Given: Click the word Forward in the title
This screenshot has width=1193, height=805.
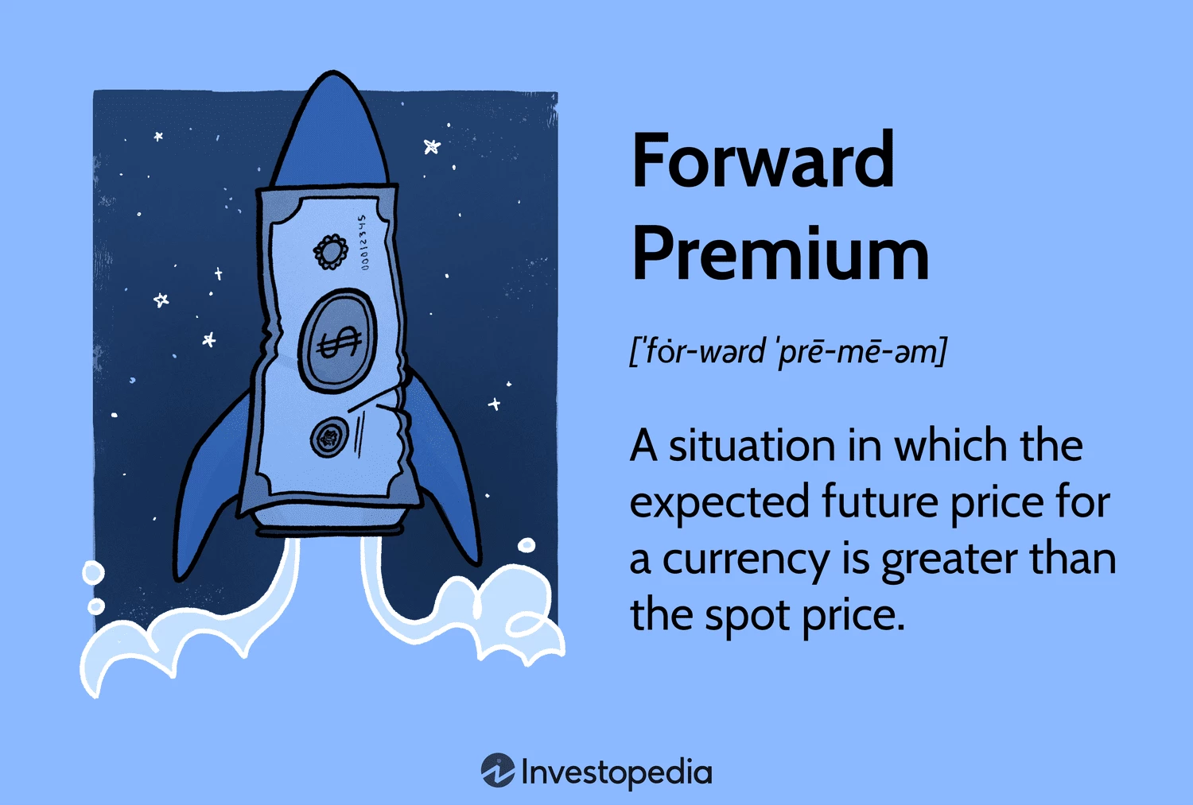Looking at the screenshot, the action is [x=763, y=160].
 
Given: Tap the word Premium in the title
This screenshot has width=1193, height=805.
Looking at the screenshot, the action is [x=780, y=253].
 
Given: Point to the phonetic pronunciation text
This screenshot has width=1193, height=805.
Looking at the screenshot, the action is [x=788, y=351].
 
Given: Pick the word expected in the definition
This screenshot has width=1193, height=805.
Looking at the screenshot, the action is [x=719, y=503].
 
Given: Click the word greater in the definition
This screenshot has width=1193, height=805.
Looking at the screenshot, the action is [x=948, y=561].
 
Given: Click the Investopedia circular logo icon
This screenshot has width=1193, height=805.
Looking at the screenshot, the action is [x=498, y=770].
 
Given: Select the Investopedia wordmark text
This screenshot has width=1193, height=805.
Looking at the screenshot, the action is [x=616, y=772].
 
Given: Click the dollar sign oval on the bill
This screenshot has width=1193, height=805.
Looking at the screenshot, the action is [x=338, y=340].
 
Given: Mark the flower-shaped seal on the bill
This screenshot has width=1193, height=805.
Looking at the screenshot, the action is [x=331, y=252].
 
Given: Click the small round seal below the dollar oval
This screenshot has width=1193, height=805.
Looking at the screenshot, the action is [x=330, y=437].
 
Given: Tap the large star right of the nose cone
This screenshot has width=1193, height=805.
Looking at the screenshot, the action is [x=432, y=146].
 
